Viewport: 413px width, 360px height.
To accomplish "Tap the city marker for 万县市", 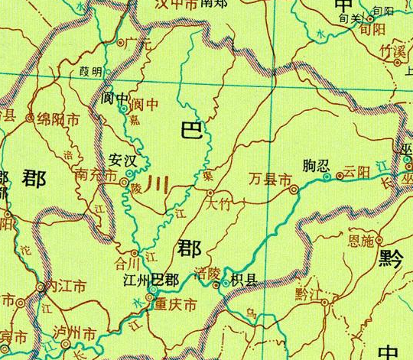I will point(294,190).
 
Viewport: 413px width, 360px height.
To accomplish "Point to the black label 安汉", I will point(123,161).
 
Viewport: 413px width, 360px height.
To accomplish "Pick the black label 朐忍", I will point(315,165).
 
